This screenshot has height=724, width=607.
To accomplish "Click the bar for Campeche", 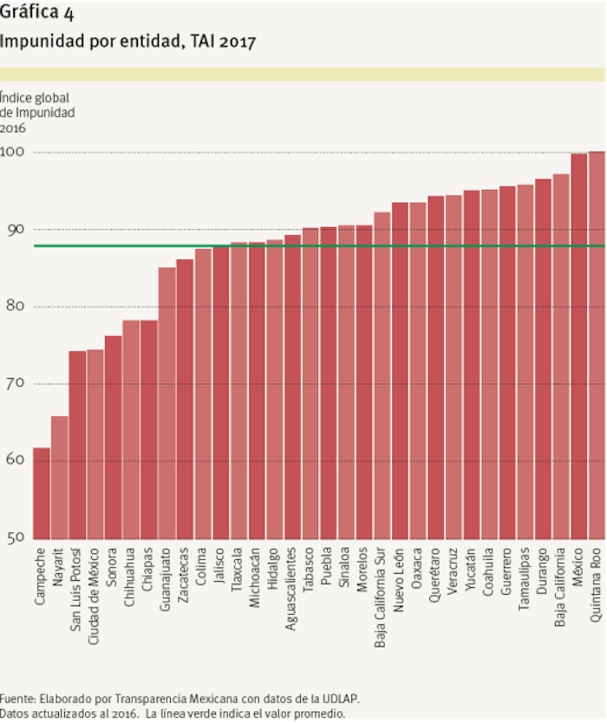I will point(42,493).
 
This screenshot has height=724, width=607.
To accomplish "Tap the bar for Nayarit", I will point(59,478).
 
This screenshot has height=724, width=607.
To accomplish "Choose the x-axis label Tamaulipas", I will point(525,580).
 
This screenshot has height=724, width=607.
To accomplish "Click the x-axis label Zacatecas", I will point(185,576).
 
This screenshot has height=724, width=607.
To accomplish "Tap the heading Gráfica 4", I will point(36,12).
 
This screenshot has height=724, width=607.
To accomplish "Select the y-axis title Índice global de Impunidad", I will point(36,112).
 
